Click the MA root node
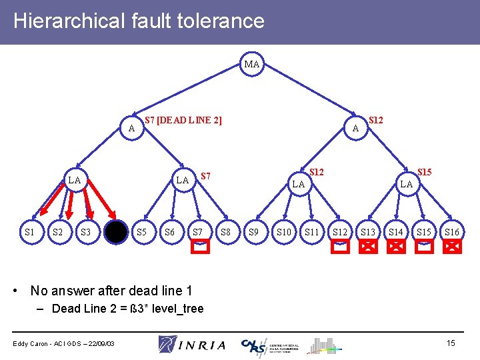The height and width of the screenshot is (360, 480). point(252,65)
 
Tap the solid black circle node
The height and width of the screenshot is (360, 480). point(115,233)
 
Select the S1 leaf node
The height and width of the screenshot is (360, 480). point(29,232)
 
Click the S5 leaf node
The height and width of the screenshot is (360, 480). point(141,232)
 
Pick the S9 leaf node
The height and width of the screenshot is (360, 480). point(254,232)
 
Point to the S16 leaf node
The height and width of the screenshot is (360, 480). point(452,232)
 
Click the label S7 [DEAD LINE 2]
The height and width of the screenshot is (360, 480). point(183,120)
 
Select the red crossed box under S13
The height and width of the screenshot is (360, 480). point(368,247)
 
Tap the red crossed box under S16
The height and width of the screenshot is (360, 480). point(452,247)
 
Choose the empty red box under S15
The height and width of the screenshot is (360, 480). point(424,247)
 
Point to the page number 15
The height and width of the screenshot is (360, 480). point(451,343)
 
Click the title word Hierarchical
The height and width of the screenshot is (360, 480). point(68,21)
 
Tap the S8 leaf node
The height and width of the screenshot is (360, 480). point(226,232)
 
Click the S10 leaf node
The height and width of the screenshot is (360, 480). point(283,232)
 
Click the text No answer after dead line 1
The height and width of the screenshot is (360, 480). point(111,291)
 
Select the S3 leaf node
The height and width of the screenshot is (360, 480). point(85,232)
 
